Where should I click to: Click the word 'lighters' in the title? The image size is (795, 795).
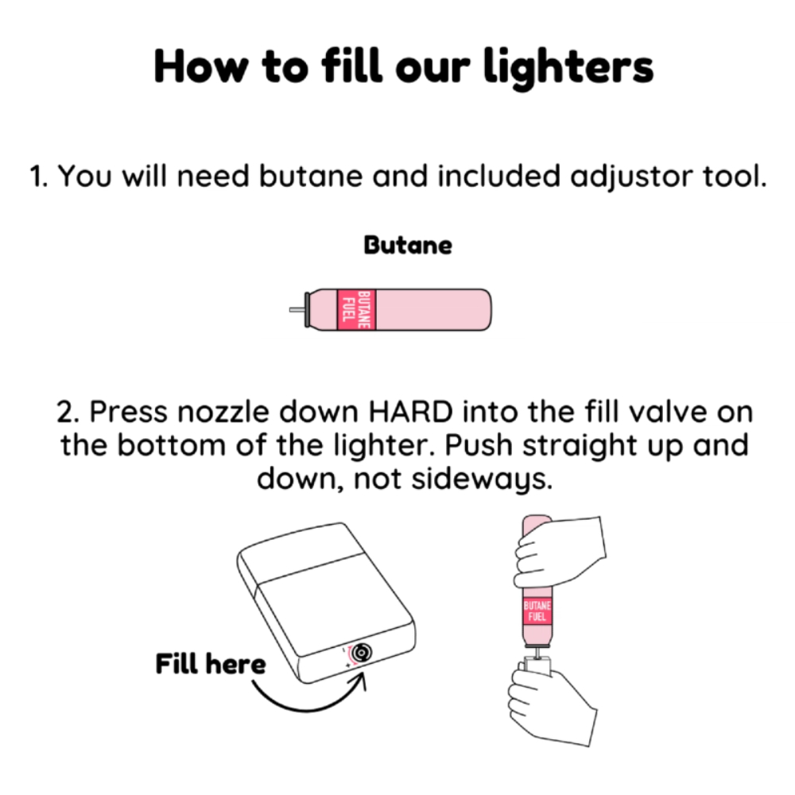(568, 68)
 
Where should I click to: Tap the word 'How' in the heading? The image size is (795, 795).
(201, 66)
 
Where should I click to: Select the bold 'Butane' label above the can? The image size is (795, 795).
(408, 246)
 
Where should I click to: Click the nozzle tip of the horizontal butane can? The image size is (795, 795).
(290, 309)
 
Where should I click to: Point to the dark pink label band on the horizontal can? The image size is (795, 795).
(356, 310)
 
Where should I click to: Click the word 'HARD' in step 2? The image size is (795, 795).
(411, 411)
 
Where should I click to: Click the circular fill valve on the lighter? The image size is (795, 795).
(361, 653)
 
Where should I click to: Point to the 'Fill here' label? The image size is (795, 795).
(211, 664)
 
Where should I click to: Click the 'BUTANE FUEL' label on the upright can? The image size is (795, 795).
(537, 611)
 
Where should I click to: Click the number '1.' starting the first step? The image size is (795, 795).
(38, 177)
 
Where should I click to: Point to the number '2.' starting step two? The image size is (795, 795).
(68, 412)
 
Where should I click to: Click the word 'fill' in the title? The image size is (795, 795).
(351, 65)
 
